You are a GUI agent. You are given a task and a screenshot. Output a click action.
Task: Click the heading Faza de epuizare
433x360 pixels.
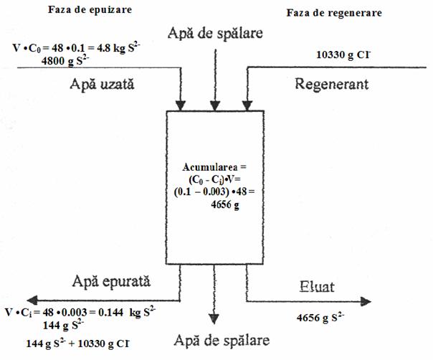pyautogui.click(x=90, y=10)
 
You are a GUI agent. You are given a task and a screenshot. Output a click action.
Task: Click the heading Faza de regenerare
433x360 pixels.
pyautogui.click(x=334, y=13)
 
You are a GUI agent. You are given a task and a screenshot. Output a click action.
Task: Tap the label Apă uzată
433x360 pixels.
pyautogui.click(x=102, y=84)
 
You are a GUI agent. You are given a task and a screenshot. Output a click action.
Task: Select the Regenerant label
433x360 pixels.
pyautogui.click(x=332, y=84)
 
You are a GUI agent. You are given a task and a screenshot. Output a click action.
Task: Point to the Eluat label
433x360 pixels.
pyautogui.click(x=317, y=287)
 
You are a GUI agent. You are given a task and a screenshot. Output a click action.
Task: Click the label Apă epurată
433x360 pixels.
pyautogui.click(x=111, y=282)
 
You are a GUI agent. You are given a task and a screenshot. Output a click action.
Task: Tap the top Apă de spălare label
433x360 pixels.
pyautogui.click(x=215, y=34)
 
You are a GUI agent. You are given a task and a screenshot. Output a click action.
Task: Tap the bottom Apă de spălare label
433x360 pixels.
pyautogui.click(x=222, y=341)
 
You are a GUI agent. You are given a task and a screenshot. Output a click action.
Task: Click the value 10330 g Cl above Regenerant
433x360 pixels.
pyautogui.click(x=343, y=55)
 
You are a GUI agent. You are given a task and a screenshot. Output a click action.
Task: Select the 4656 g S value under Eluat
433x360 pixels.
pyautogui.click(x=320, y=318)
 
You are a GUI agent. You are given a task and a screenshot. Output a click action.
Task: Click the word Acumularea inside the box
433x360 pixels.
pyautogui.click(x=210, y=167)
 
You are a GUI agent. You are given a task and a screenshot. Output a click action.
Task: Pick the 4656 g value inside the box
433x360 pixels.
pyautogui.click(x=225, y=205)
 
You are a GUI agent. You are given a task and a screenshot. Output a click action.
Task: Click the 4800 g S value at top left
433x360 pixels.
pyautogui.click(x=65, y=60)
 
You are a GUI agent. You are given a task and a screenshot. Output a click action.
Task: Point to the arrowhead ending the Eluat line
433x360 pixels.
pyautogui.click(x=366, y=301)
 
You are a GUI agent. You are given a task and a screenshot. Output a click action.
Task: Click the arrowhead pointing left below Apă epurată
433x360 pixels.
pyautogui.click(x=32, y=300)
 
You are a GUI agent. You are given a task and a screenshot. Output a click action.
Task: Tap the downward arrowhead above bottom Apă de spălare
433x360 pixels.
pyautogui.click(x=214, y=319)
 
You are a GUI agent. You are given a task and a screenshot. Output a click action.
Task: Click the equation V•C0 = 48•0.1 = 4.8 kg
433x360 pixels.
pyautogui.click(x=76, y=48)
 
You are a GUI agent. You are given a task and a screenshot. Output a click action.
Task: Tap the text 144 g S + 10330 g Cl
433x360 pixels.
pyautogui.click(x=77, y=344)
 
